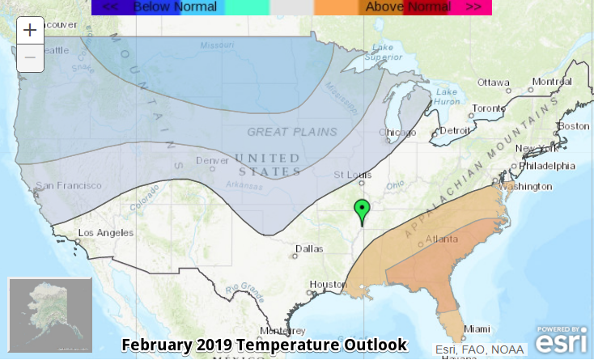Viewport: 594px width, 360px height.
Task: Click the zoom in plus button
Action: tap(30, 31)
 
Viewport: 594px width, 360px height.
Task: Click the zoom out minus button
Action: tap(30, 57)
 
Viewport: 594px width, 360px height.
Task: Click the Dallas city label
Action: tap(308, 249)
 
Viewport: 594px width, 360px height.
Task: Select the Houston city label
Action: tap(328, 285)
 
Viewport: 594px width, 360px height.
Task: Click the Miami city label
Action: tap(477, 328)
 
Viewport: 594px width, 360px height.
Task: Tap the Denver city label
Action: tap(212, 160)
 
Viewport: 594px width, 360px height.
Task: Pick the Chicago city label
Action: tap(397, 133)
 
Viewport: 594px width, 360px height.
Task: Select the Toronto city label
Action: tap(488, 108)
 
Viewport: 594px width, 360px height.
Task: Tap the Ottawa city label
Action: tap(494, 83)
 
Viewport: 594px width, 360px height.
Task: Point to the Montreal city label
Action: tap(552, 82)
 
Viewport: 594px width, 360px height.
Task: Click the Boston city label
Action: tap(574, 126)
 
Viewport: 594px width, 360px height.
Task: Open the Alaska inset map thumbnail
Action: tap(50, 314)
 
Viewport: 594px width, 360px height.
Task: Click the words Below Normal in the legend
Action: tap(175, 7)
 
